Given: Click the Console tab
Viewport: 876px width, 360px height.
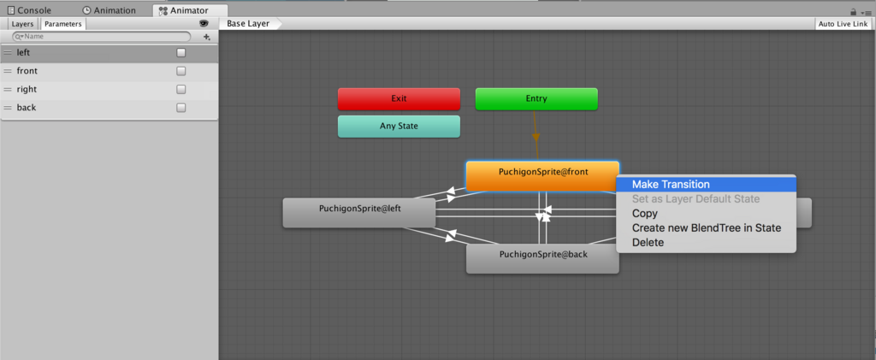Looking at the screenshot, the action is click(28, 10).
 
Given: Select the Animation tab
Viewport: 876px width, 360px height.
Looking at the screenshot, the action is click(109, 10).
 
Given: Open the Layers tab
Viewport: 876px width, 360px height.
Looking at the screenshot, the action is click(23, 24).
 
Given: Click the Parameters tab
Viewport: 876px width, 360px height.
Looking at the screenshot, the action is click(63, 24).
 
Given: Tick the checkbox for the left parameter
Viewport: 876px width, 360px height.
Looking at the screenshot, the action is click(181, 53).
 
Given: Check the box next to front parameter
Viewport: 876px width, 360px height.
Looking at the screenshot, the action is click(181, 72).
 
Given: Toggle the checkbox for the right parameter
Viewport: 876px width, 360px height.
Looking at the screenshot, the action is click(181, 89).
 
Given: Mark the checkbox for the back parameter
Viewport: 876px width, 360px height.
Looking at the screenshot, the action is click(181, 108).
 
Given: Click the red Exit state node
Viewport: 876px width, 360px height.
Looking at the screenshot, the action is click(399, 99).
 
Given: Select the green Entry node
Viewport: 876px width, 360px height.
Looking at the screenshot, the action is click(536, 99).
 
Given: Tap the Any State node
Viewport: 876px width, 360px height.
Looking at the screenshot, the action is click(399, 127).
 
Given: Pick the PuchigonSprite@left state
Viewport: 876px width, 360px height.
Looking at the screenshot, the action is click(359, 213).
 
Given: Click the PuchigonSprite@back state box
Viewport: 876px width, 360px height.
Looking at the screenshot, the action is click(542, 258).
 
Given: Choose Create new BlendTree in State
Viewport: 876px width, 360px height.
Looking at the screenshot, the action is click(706, 227).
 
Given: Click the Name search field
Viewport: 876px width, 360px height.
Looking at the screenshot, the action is click(102, 36).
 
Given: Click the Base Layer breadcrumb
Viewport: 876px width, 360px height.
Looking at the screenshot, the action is click(248, 24).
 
